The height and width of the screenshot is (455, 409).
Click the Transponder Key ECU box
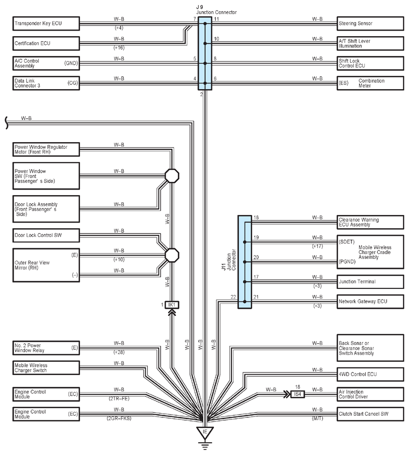click(46, 23)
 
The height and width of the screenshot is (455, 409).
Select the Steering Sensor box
click(370, 23)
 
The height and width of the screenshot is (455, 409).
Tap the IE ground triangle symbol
click(205, 432)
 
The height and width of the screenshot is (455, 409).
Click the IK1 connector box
click(172, 305)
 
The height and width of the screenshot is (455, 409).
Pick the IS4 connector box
click(297, 394)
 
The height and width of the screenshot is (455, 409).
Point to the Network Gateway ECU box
click(370, 302)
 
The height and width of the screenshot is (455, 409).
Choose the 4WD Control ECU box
click(370, 374)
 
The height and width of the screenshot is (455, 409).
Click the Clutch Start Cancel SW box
click(370, 414)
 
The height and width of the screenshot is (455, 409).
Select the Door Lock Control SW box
click(46, 235)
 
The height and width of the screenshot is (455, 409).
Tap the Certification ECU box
click(46, 43)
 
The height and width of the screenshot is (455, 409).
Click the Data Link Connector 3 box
click(46, 83)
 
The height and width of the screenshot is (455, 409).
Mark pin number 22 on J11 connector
click(233, 297)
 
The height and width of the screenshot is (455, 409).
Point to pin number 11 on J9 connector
click(216, 19)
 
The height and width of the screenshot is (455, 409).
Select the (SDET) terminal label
click(347, 242)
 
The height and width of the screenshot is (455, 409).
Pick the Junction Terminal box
click(370, 282)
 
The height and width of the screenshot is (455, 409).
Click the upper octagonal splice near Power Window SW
click(172, 176)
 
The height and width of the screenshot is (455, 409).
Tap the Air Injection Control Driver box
click(370, 394)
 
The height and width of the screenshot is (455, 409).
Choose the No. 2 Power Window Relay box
click(46, 348)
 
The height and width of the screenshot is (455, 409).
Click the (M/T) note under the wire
click(318, 418)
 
